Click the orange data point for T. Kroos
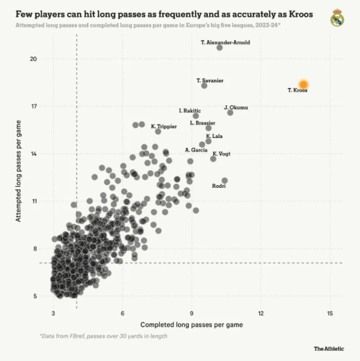coord(303,85)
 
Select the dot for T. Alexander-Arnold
coord(219,48)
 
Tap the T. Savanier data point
coord(204,86)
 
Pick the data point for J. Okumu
coord(230,112)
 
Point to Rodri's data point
coord(225,181)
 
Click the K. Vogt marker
coord(213,159)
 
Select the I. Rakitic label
coord(190,111)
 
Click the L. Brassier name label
coord(203,123)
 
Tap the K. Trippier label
coord(164,126)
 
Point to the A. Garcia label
coord(196,150)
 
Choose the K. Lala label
coord(214,136)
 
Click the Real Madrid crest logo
coord(337,19)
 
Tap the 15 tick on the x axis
coord(330,313)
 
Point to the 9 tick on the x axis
coord(192,313)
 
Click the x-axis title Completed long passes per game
coord(192,324)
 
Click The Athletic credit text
coord(329,349)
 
